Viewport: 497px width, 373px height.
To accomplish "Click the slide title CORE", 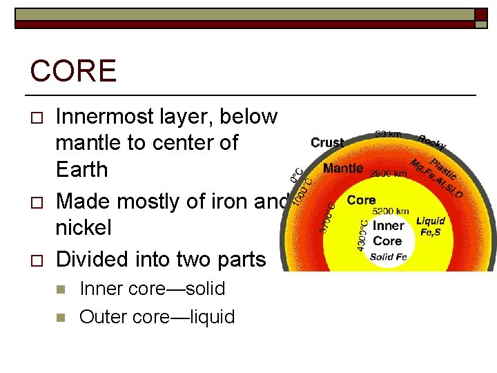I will [x=73, y=72].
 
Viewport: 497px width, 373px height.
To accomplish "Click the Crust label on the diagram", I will [x=327, y=143].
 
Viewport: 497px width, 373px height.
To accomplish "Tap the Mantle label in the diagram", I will [x=343, y=169].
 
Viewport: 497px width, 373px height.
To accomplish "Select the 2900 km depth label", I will [x=389, y=173].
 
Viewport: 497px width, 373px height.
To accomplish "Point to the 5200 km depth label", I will [x=391, y=211].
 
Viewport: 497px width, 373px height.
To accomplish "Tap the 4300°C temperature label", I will [x=362, y=236].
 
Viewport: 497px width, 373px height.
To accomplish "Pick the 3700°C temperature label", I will [x=327, y=215].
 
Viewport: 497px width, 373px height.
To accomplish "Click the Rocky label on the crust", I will [x=432, y=142].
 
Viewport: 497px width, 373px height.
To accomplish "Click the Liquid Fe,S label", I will [x=431, y=227].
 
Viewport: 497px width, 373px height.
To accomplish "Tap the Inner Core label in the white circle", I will [x=387, y=233].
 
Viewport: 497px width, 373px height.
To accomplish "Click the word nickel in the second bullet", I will [x=82, y=227].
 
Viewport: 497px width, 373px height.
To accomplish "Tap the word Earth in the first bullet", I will [x=81, y=169].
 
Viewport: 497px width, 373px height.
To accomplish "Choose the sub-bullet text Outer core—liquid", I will [x=157, y=317].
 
